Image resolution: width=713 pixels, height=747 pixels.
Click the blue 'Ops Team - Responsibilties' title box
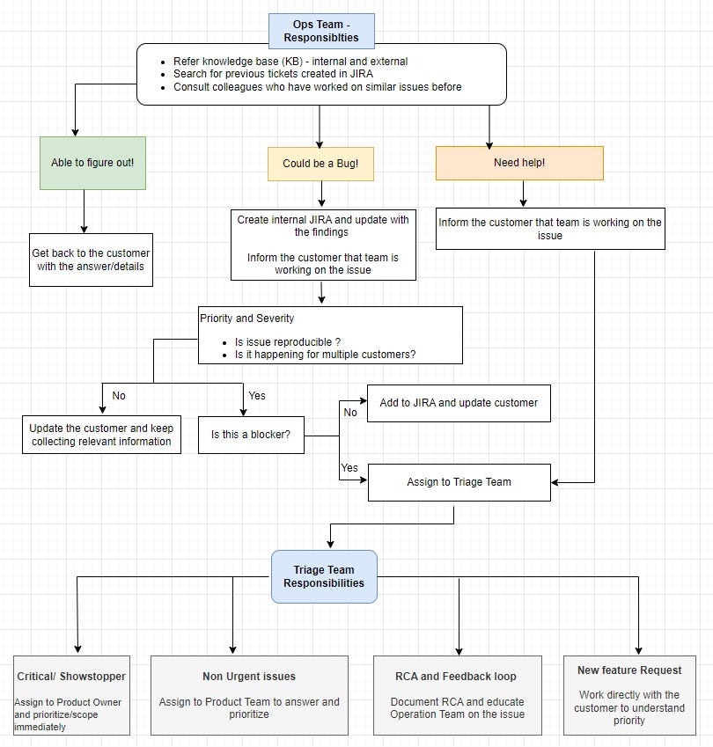321,30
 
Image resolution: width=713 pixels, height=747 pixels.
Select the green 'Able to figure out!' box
92,163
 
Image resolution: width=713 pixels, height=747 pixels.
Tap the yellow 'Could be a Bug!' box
320,164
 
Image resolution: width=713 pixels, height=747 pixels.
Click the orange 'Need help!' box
519,163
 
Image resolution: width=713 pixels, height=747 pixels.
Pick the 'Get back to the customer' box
91,260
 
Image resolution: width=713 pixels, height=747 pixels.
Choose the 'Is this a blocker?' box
251,435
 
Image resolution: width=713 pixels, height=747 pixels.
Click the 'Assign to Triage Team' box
459,482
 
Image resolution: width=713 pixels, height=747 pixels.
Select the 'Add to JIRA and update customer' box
459,403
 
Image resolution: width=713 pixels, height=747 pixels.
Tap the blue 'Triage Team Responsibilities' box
324,576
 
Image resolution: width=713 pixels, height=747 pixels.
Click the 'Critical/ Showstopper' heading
71,677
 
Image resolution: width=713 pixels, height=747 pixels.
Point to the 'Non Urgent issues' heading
249,677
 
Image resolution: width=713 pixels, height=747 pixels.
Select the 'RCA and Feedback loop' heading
457,677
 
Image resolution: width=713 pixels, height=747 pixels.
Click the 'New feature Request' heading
629,670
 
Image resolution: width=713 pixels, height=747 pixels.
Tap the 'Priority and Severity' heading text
247,318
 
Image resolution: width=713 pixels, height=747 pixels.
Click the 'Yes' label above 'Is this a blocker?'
257,396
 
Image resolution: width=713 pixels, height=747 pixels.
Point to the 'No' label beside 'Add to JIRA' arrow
350,412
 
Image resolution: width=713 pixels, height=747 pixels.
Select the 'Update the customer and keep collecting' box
101,435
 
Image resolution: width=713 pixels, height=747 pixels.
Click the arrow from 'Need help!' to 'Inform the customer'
524,194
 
